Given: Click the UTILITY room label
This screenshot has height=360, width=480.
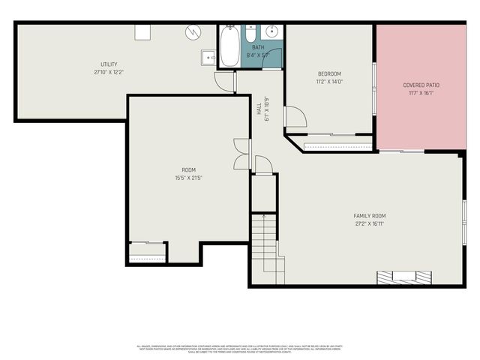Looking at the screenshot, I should [x=109, y=64].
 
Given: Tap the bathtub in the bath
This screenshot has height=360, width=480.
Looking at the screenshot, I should [x=229, y=46].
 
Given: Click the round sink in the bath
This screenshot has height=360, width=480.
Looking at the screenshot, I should [x=271, y=32].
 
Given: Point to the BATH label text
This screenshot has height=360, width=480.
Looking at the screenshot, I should [x=258, y=47].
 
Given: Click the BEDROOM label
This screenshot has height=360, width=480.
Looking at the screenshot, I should [x=330, y=73].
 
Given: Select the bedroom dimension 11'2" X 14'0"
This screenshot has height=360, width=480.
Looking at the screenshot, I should [x=330, y=82].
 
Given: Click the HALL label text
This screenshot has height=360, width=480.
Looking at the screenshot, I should [x=259, y=109].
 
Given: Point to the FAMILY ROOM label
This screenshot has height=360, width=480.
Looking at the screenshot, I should [x=370, y=216].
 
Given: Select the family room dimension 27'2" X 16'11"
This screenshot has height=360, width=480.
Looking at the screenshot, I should [x=370, y=223].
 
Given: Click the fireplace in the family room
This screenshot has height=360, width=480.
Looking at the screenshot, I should [x=405, y=277].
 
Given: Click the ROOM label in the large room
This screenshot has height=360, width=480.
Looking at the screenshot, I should [x=188, y=170].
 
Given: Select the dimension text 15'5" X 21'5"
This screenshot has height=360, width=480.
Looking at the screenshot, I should [x=188, y=178].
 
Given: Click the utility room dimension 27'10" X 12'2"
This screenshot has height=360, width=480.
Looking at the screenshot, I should [x=109, y=73].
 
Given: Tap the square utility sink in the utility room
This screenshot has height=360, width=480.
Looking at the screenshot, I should [x=208, y=56].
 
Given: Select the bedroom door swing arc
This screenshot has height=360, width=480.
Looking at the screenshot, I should [x=295, y=117].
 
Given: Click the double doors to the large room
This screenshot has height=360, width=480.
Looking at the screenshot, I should [x=241, y=154].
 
